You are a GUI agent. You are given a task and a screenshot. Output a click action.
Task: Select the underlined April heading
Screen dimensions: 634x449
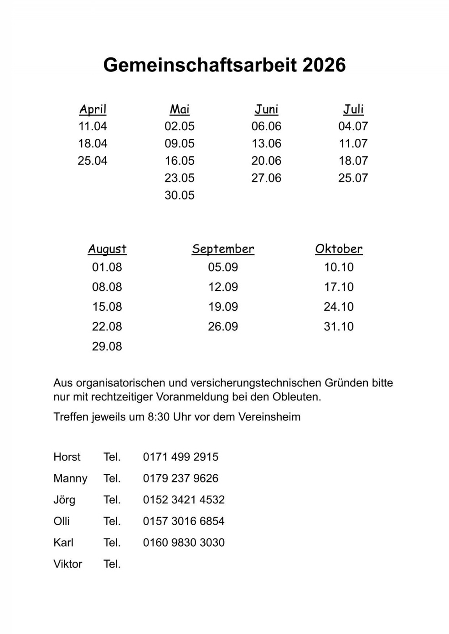[93, 109]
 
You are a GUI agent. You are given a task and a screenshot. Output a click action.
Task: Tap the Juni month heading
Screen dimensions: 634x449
[266, 109]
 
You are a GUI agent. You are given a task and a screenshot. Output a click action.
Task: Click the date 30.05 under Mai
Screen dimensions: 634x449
[180, 195]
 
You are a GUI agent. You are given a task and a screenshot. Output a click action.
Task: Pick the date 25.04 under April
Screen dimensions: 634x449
[93, 161]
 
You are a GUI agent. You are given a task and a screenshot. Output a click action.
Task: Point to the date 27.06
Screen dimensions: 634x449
[266, 178]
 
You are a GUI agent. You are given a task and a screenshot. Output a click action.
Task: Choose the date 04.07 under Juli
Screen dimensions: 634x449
[353, 126]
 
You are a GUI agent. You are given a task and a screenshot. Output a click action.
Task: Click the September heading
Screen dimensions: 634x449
[223, 249]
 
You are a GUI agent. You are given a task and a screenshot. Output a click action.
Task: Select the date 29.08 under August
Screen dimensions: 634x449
[107, 346]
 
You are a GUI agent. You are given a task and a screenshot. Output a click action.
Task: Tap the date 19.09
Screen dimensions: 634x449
[223, 307]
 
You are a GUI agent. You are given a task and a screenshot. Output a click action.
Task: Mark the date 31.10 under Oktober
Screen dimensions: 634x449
[339, 326]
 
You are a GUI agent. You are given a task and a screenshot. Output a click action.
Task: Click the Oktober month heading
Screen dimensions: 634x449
[339, 249]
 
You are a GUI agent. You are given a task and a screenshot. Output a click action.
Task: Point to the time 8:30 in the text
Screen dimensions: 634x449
[159, 417]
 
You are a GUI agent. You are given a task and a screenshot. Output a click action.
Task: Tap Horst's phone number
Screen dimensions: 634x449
[181, 457]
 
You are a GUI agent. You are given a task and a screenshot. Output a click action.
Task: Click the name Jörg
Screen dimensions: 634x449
[64, 500]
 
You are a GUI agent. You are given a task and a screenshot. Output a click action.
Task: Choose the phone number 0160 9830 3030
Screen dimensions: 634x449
[184, 543]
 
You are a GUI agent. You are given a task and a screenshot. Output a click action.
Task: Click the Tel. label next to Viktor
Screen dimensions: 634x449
[112, 564]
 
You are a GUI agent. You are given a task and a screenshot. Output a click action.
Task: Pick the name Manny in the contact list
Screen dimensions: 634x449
[70, 478]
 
